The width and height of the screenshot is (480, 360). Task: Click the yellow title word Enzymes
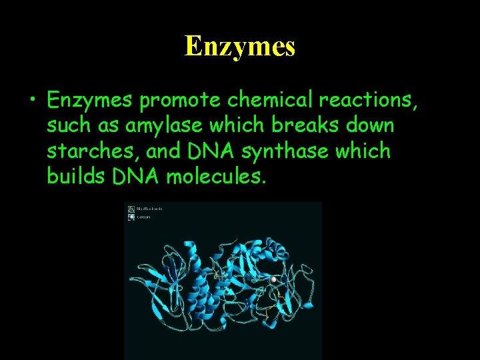coord(240,46)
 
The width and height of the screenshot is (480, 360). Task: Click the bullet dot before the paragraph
coord(32,101)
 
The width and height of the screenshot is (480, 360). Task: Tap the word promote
coord(181,100)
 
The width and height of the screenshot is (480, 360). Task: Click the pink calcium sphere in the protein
coord(273,279)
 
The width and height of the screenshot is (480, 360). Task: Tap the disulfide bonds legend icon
coord(131,209)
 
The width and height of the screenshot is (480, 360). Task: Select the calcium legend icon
coord(131,217)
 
